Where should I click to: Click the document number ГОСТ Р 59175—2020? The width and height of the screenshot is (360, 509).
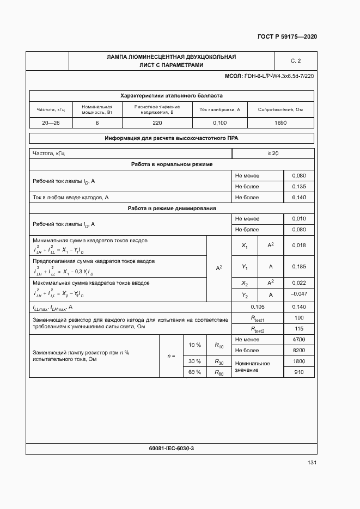pos(287,36)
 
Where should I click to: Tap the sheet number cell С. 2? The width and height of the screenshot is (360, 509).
pos(296,60)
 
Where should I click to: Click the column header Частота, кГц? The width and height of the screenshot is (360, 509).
pos(51,109)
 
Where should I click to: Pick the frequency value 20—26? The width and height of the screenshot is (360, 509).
pos(51,123)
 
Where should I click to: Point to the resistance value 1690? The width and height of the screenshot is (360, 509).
pos(280,123)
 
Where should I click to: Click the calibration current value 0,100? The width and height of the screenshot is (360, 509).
pos(220,123)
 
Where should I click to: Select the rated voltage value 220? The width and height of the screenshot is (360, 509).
pos(157,123)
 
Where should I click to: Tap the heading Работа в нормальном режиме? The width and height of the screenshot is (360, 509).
pos(172,164)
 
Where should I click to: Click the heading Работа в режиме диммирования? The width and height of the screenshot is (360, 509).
pos(172,208)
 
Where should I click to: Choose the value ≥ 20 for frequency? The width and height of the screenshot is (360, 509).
pos(273,154)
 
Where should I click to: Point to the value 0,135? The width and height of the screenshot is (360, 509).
pos(299,186)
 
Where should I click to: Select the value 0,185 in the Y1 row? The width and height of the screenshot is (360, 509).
pos(299,267)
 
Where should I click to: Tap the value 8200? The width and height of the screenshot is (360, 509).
pos(299,351)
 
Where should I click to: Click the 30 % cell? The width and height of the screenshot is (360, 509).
pos(194,361)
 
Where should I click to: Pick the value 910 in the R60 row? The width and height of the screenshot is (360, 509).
pos(299,372)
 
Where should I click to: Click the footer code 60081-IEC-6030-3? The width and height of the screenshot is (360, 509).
pos(172,447)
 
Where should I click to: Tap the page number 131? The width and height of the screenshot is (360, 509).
pos(312,462)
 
